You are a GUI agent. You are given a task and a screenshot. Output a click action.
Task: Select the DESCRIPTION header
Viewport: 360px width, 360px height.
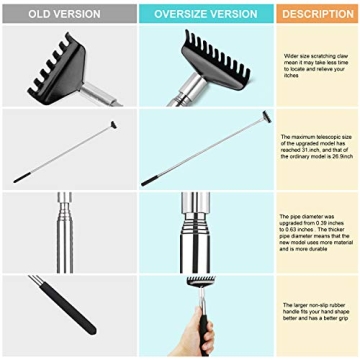click(x=317, y=14)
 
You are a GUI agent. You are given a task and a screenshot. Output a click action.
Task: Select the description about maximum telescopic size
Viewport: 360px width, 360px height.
click(x=317, y=148)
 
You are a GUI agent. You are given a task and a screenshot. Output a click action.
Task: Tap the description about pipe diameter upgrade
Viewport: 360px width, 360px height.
click(x=317, y=229)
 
